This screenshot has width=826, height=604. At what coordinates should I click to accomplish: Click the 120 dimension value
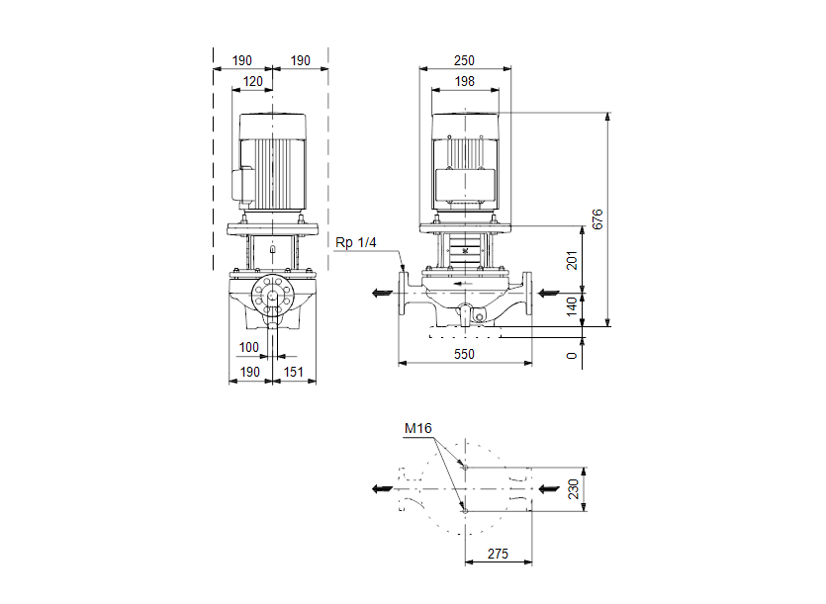254,81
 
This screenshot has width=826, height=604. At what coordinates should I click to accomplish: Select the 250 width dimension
465,60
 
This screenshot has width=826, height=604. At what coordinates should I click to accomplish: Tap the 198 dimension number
465,81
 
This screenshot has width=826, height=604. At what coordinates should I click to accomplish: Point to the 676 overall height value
597,219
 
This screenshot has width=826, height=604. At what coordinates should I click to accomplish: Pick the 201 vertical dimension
573,260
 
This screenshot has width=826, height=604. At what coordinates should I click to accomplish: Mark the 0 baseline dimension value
573,354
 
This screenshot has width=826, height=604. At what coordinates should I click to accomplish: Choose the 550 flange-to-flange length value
465,354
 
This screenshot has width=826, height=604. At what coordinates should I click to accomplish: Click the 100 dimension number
248,348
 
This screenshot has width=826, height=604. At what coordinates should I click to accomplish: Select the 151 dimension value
294,372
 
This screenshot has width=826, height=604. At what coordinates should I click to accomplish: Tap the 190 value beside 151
249,372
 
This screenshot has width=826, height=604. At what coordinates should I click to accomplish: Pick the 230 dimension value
573,489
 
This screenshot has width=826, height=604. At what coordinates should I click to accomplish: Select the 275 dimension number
499,555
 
